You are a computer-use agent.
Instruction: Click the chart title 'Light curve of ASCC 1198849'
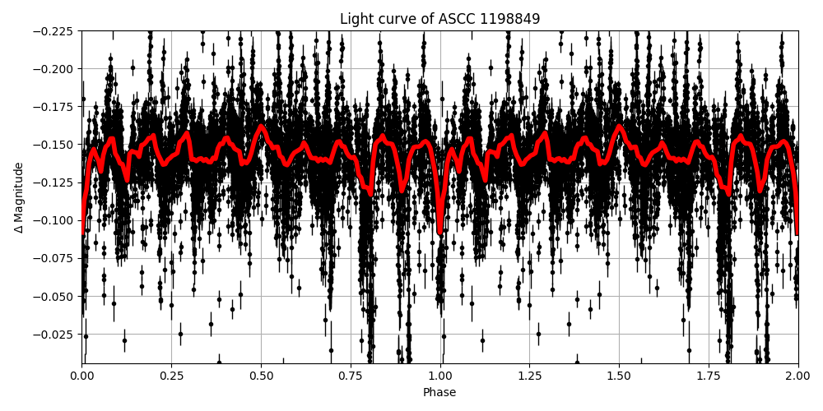click(x=439, y=19)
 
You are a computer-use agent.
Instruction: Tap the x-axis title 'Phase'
click(x=439, y=393)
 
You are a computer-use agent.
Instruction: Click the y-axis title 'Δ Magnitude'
click(x=19, y=197)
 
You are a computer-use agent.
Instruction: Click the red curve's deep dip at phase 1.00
click(x=440, y=231)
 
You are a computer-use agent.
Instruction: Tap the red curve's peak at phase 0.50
click(x=261, y=127)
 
